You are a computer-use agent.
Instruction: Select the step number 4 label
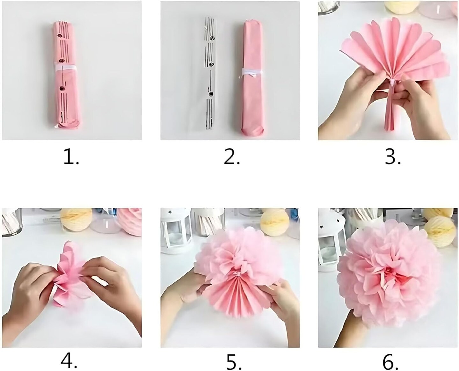[69, 360]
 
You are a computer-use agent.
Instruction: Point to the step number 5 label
[234, 360]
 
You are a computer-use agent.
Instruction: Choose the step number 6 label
[390, 360]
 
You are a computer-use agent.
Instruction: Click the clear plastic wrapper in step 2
[209, 73]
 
